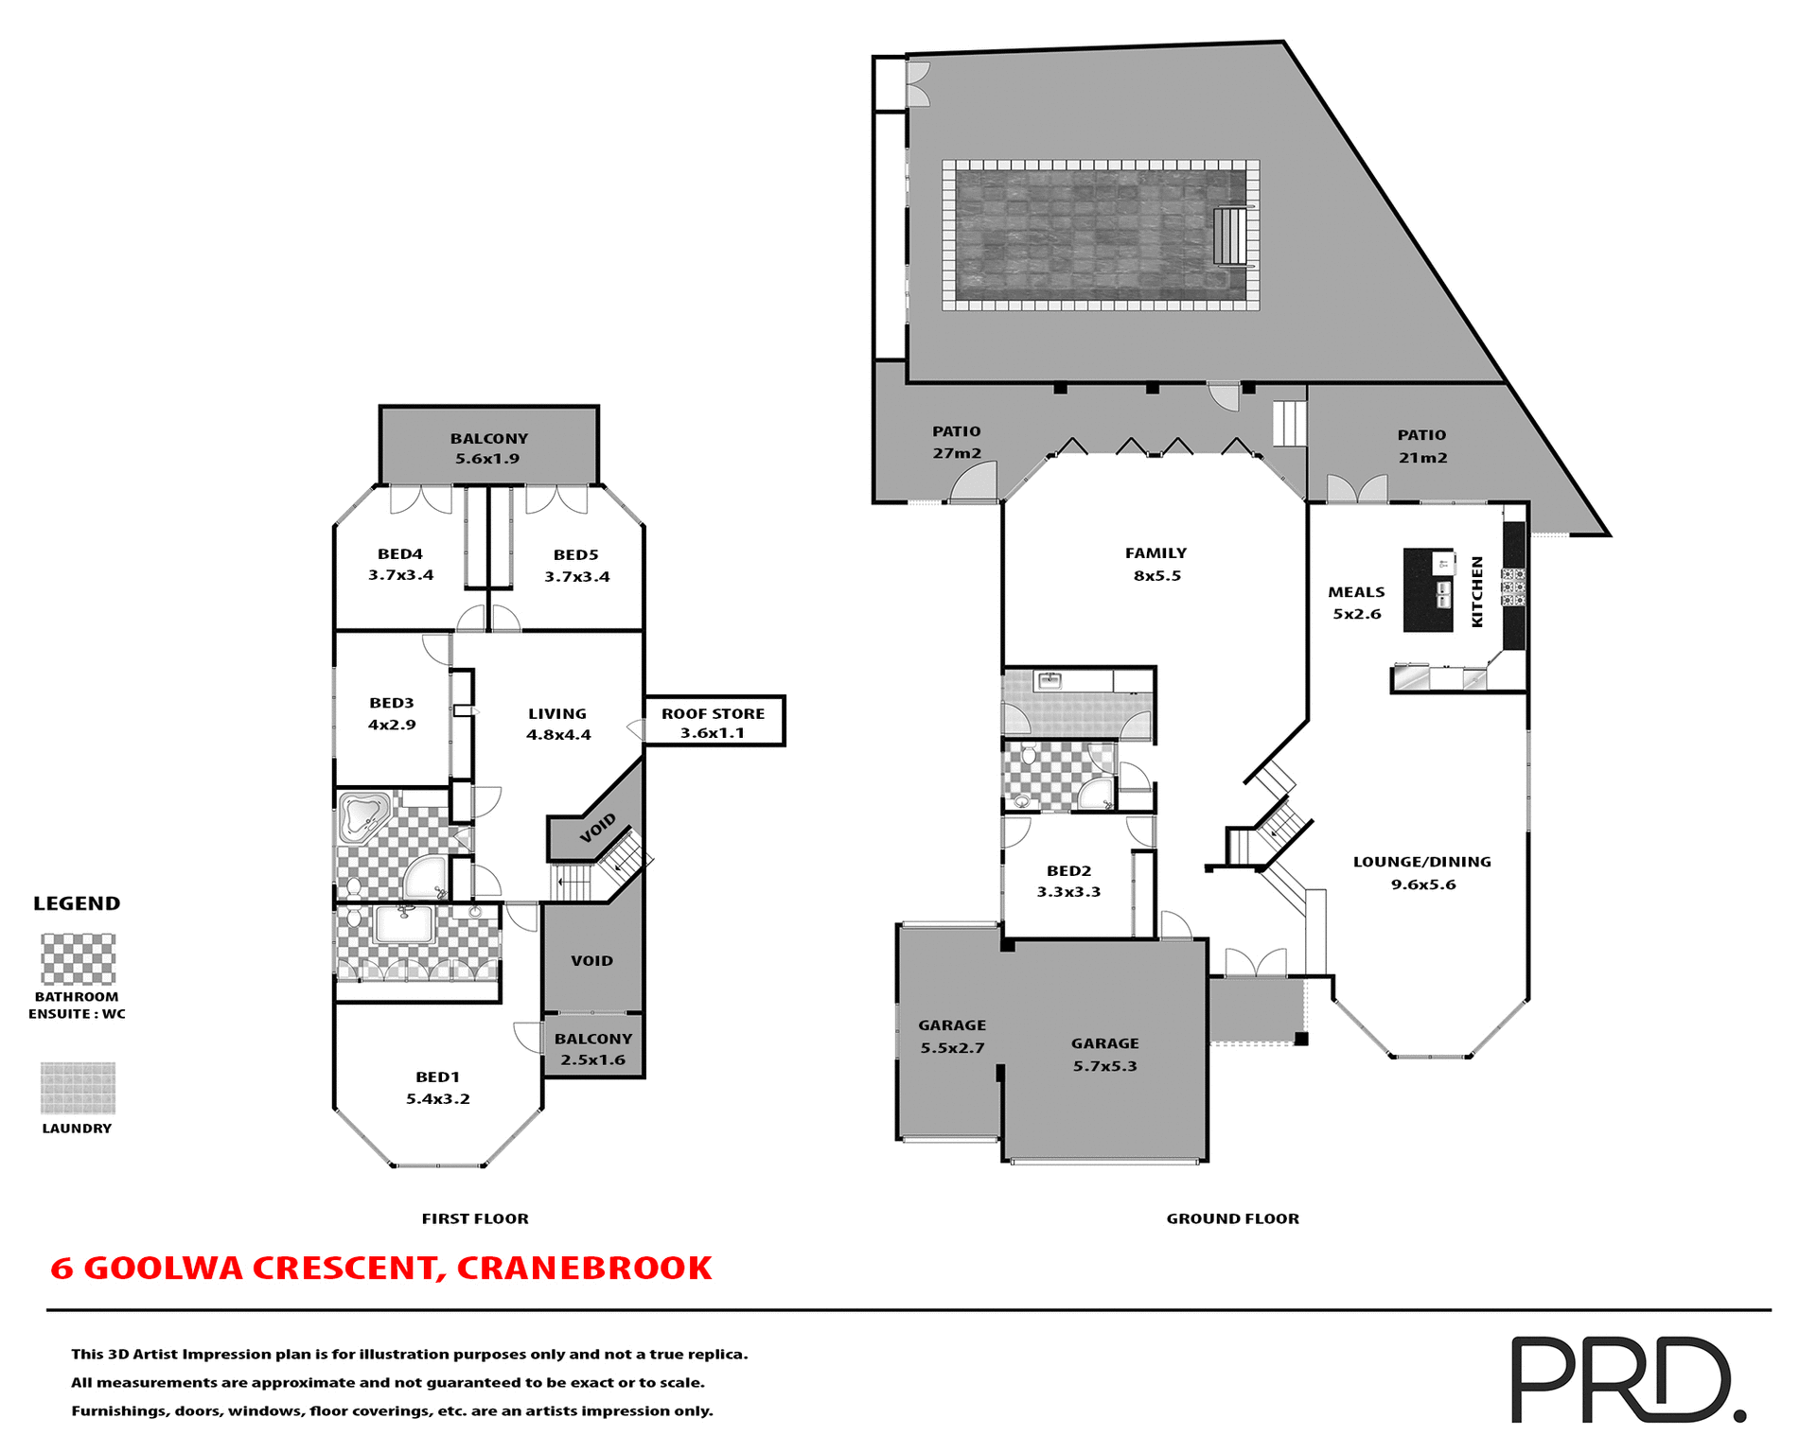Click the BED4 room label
tap(399, 554)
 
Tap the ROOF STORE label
tap(713, 714)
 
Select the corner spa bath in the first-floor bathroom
tap(364, 816)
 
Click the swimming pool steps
tap(1230, 236)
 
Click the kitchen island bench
tap(1427, 590)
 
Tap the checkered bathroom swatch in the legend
tap(79, 959)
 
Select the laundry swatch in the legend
tap(79, 1088)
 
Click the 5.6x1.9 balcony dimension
tap(487, 459)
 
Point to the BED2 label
tap(1068, 871)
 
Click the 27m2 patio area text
tap(957, 453)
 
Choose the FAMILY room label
tap(1155, 553)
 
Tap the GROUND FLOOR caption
tap(1232, 1218)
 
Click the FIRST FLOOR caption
tap(475, 1218)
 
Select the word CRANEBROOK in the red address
tap(584, 1268)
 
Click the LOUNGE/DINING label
tap(1421, 862)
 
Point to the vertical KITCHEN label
tap(1476, 591)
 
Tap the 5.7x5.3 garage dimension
tap(1104, 1066)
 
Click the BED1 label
tap(437, 1077)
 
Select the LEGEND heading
tap(77, 903)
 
